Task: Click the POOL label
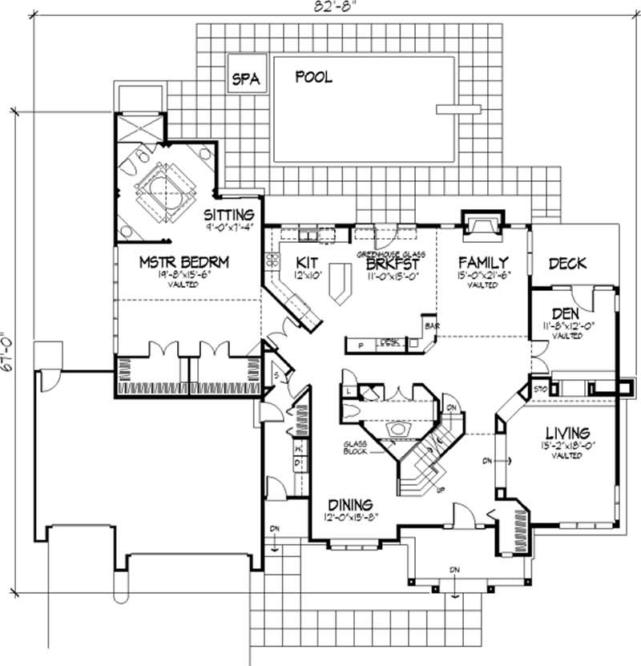tap(314, 78)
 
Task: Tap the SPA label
tap(245, 79)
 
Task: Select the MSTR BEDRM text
tap(174, 262)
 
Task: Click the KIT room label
tap(308, 262)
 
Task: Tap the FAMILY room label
tap(483, 262)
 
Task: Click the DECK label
tap(568, 263)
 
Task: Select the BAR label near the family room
tap(431, 327)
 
